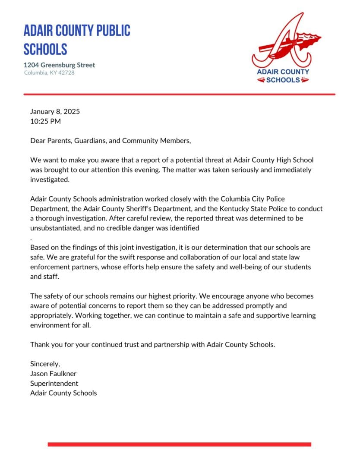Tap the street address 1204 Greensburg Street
tap(59, 65)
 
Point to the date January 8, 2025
tap(55, 111)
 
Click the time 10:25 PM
tap(45, 121)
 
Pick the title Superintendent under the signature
tap(54, 383)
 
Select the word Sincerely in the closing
tap(45, 364)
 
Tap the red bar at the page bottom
tap(179, 444)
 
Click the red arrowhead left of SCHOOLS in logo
tap(261, 80)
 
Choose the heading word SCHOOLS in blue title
tap(45, 49)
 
